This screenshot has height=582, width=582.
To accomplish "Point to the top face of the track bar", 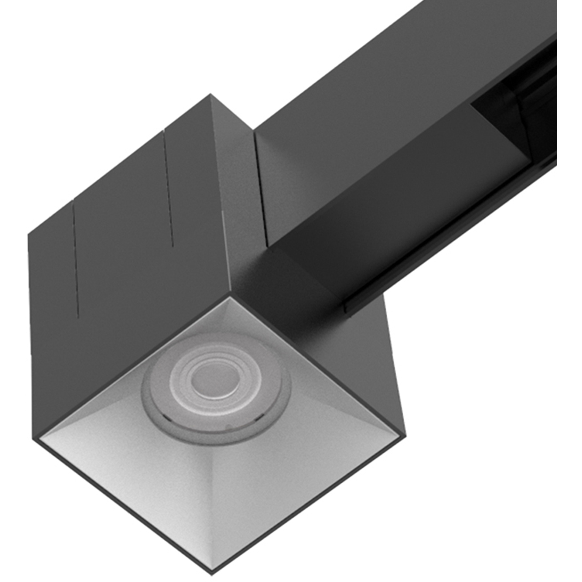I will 393,85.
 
